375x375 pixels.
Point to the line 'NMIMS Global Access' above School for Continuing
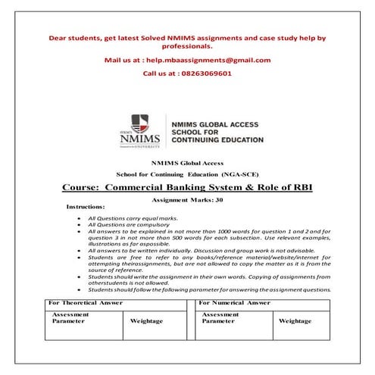click(x=187, y=164)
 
